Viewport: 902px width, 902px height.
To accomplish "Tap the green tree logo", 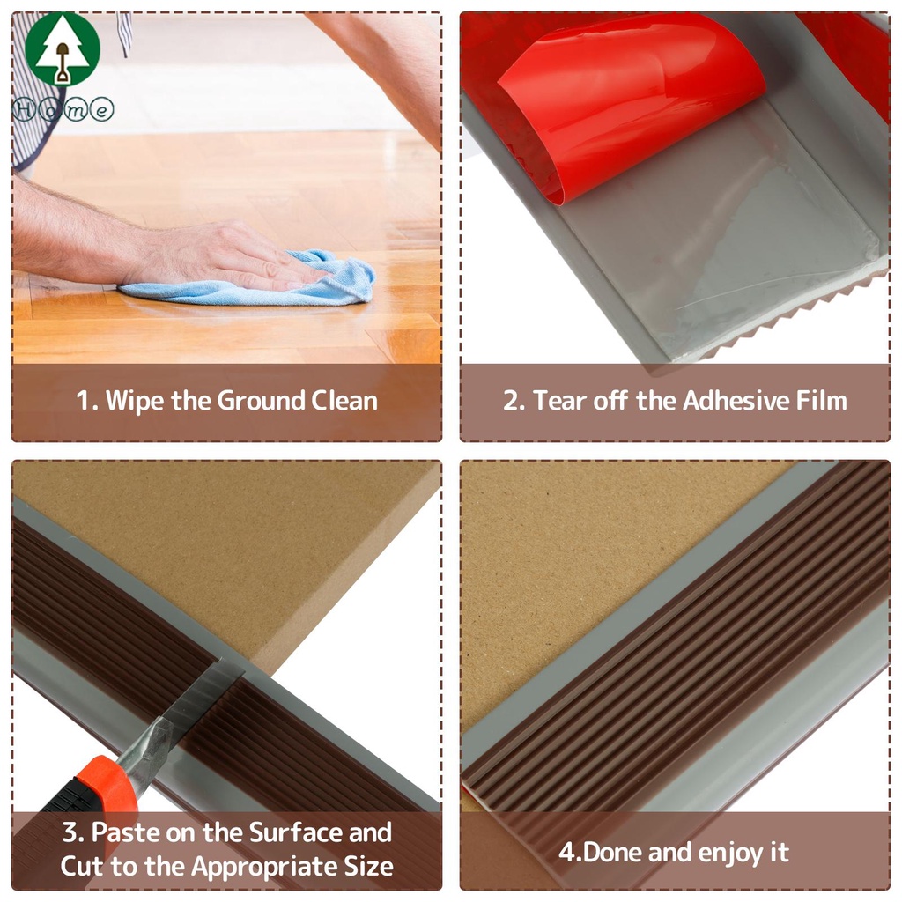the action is coord(63,49).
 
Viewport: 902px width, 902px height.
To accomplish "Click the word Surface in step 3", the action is coord(296,832).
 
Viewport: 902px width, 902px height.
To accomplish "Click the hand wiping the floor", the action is coord(225,256).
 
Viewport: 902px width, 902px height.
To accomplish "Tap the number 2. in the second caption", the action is coord(514,401).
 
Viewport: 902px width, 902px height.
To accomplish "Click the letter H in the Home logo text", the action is coord(24,109).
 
